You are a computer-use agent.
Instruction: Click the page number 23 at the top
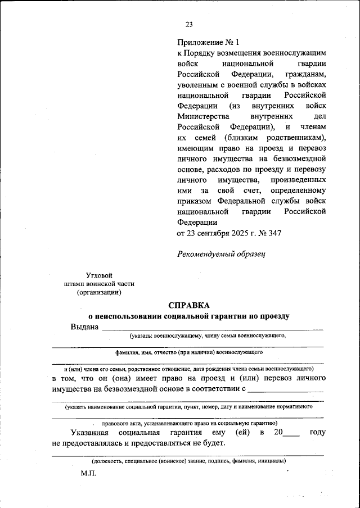pyautogui.click(x=189, y=24)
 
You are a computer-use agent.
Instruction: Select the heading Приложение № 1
pyautogui.click(x=208, y=42)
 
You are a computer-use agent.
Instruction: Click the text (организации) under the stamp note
pyautogui.click(x=99, y=292)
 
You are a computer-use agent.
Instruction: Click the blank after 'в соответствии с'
pyautogui.click(x=286, y=389)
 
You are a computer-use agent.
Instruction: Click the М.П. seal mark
pyautogui.click(x=88, y=474)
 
